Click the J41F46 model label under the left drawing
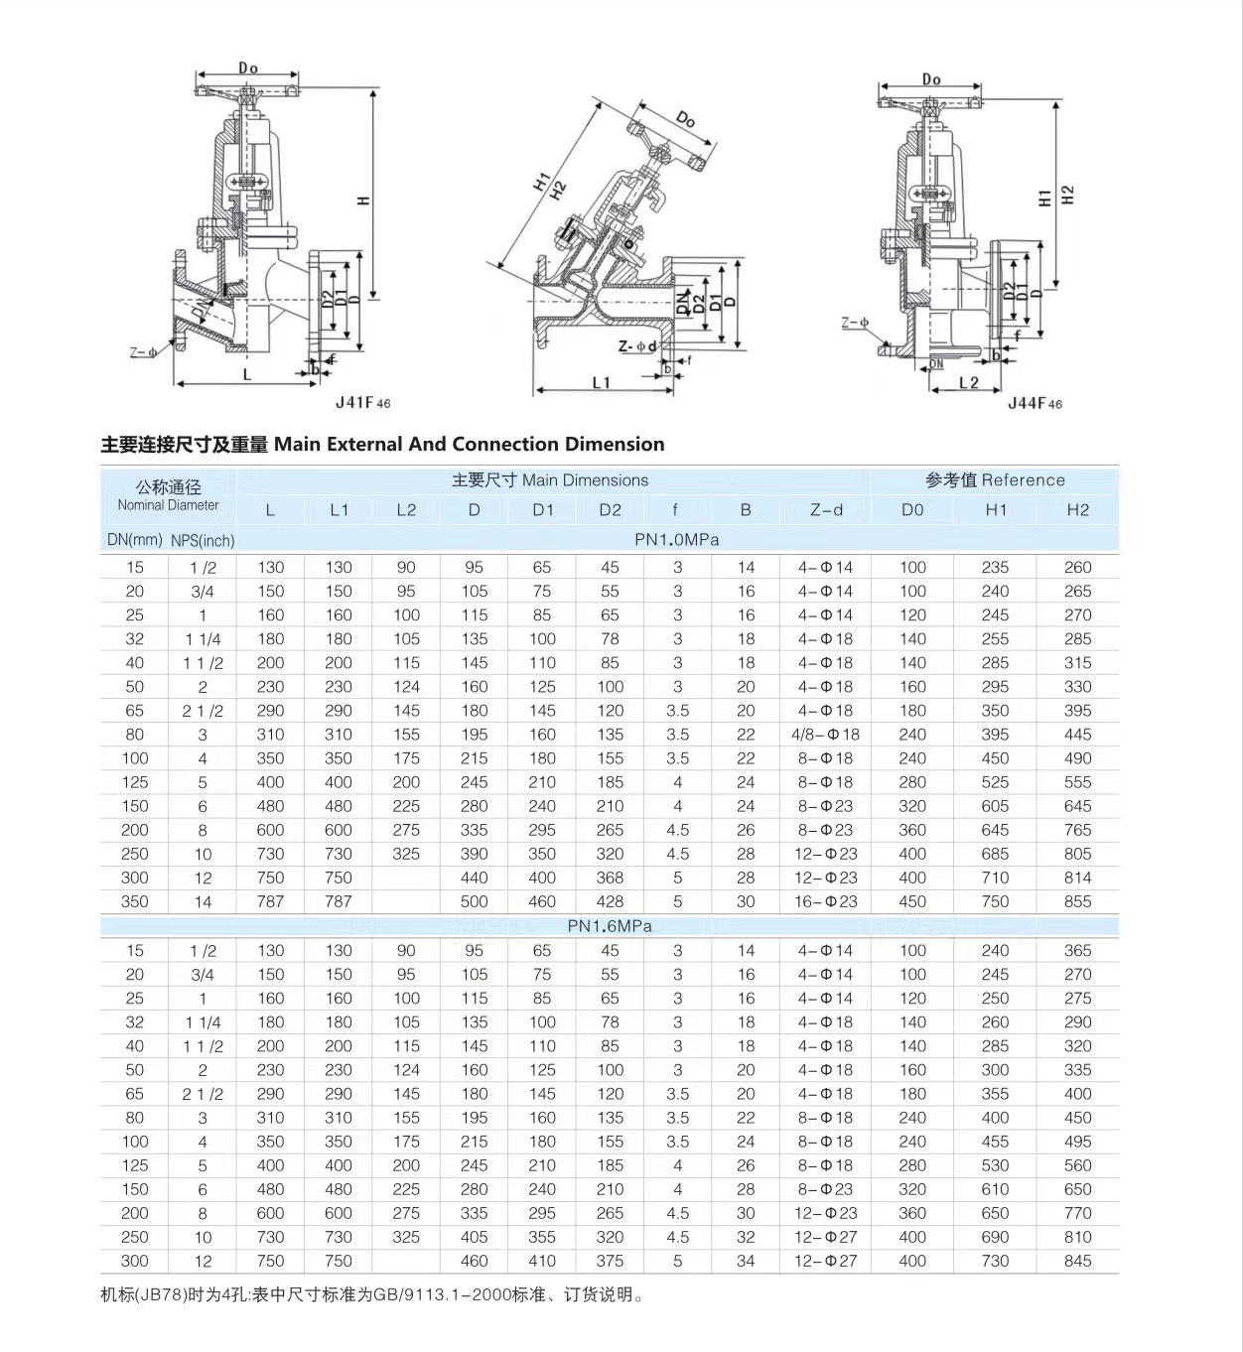(x=362, y=402)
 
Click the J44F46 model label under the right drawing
(x=1035, y=403)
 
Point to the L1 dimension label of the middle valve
(x=602, y=383)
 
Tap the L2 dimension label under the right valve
(x=968, y=383)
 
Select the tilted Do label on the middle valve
(x=685, y=119)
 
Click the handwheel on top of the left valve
(x=247, y=92)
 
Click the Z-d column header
(x=825, y=510)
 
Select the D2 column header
(x=610, y=510)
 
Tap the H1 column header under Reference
(x=996, y=510)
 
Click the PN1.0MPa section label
(x=676, y=540)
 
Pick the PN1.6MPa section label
(x=610, y=926)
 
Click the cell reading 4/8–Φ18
(x=825, y=735)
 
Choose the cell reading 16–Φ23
(x=825, y=901)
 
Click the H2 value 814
(x=1077, y=878)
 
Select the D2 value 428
(x=610, y=901)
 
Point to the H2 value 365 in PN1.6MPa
(x=1077, y=950)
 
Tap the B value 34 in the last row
(x=746, y=1261)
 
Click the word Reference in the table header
(x=1023, y=480)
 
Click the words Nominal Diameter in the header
(x=168, y=505)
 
